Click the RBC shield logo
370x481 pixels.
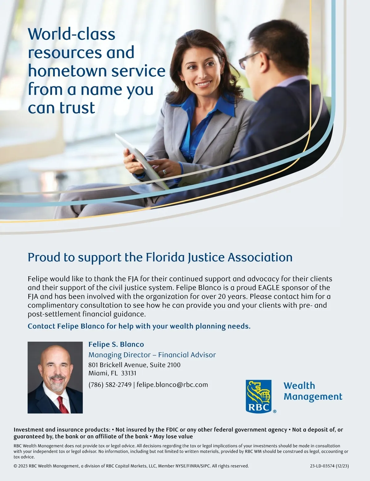[x=259, y=396]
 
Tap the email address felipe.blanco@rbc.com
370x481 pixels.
[x=172, y=385]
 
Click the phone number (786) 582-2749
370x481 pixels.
[x=110, y=385]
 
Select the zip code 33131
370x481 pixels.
[x=129, y=373]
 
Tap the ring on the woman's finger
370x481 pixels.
[x=164, y=171]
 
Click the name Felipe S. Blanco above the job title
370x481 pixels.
[x=116, y=344]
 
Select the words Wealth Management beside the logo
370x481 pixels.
[x=312, y=391]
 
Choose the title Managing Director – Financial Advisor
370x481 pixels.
[x=152, y=355]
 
